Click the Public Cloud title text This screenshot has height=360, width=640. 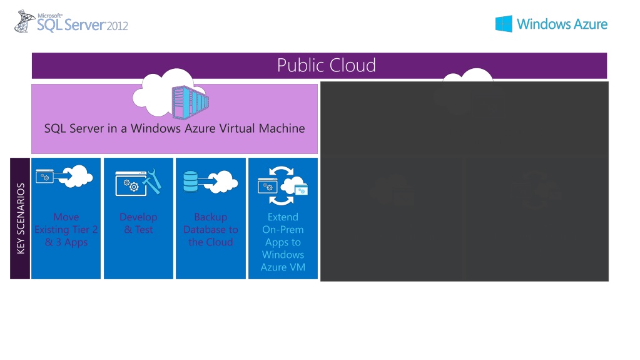[x=326, y=65]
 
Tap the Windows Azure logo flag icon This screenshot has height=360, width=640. [x=504, y=24]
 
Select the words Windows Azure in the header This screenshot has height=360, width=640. [x=562, y=24]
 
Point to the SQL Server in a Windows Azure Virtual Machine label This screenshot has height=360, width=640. [x=175, y=128]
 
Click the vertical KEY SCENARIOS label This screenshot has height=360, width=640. [x=21, y=219]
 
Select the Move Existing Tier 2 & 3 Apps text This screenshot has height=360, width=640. [x=66, y=230]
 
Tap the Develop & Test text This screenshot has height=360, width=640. [x=138, y=224]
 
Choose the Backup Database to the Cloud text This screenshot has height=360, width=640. [x=211, y=230]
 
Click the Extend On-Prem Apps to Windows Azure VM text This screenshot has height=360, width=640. [x=283, y=242]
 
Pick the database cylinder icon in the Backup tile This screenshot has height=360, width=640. [x=190, y=181]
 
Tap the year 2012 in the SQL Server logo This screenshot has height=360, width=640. [x=117, y=26]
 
